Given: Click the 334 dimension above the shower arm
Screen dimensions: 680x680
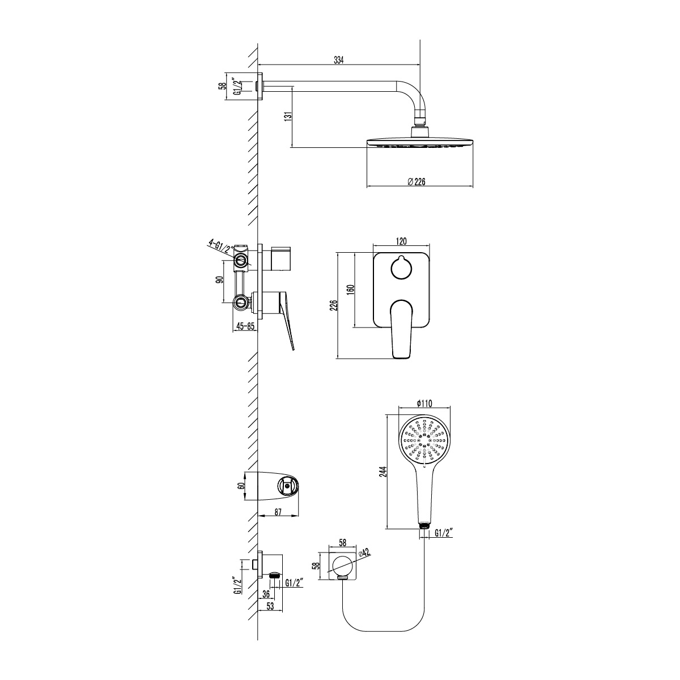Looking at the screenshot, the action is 338,60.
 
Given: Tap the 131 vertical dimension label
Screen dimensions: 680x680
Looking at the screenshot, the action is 288,117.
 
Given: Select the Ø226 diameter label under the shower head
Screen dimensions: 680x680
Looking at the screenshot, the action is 416,182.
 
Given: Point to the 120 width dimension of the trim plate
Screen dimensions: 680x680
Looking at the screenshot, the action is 401,241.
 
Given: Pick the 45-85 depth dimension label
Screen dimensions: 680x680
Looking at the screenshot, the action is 245,326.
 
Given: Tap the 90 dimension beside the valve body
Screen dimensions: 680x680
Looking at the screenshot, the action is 219,280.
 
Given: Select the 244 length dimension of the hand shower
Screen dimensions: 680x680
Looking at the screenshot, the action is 384,472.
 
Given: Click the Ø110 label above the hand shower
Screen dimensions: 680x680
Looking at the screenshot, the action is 424,403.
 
